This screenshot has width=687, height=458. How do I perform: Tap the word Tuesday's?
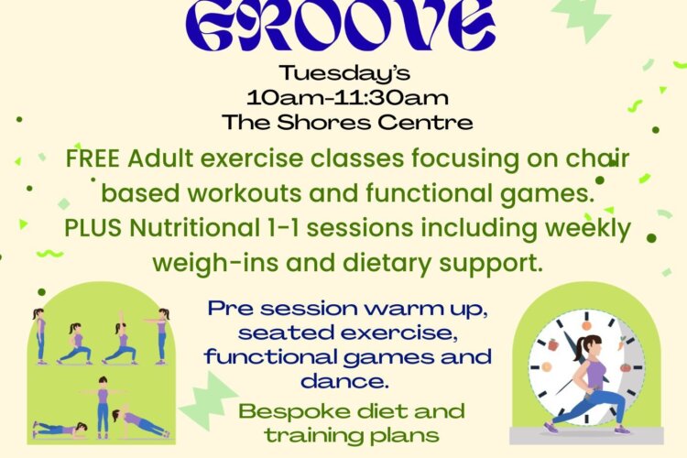(343, 73)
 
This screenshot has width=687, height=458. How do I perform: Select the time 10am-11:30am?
(343, 96)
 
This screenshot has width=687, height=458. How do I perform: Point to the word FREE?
(94, 158)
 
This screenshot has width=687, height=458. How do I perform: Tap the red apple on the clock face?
(552, 346)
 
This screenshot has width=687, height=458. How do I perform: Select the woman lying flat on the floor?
(60, 428)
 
